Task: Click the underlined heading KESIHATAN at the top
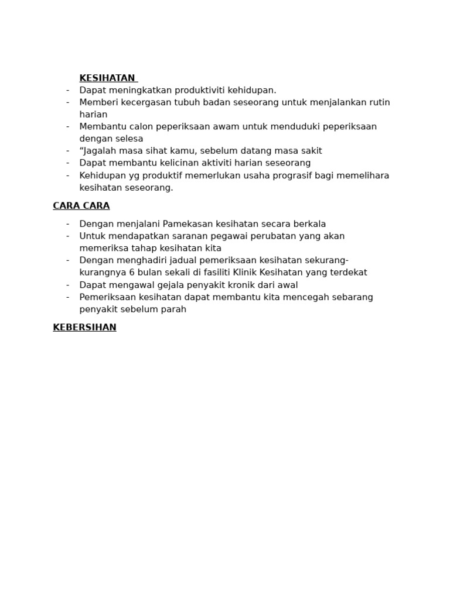pyautogui.click(x=107, y=78)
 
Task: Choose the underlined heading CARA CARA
pyautogui.click(x=81, y=206)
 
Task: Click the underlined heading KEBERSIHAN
pyautogui.click(x=84, y=328)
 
